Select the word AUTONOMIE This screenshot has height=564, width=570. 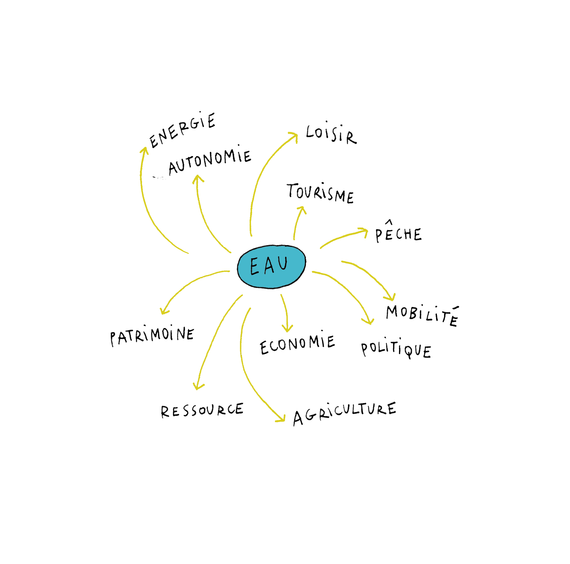pos(209,161)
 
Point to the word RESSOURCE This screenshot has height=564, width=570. pos(202,410)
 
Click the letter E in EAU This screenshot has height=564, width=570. pos(254,267)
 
